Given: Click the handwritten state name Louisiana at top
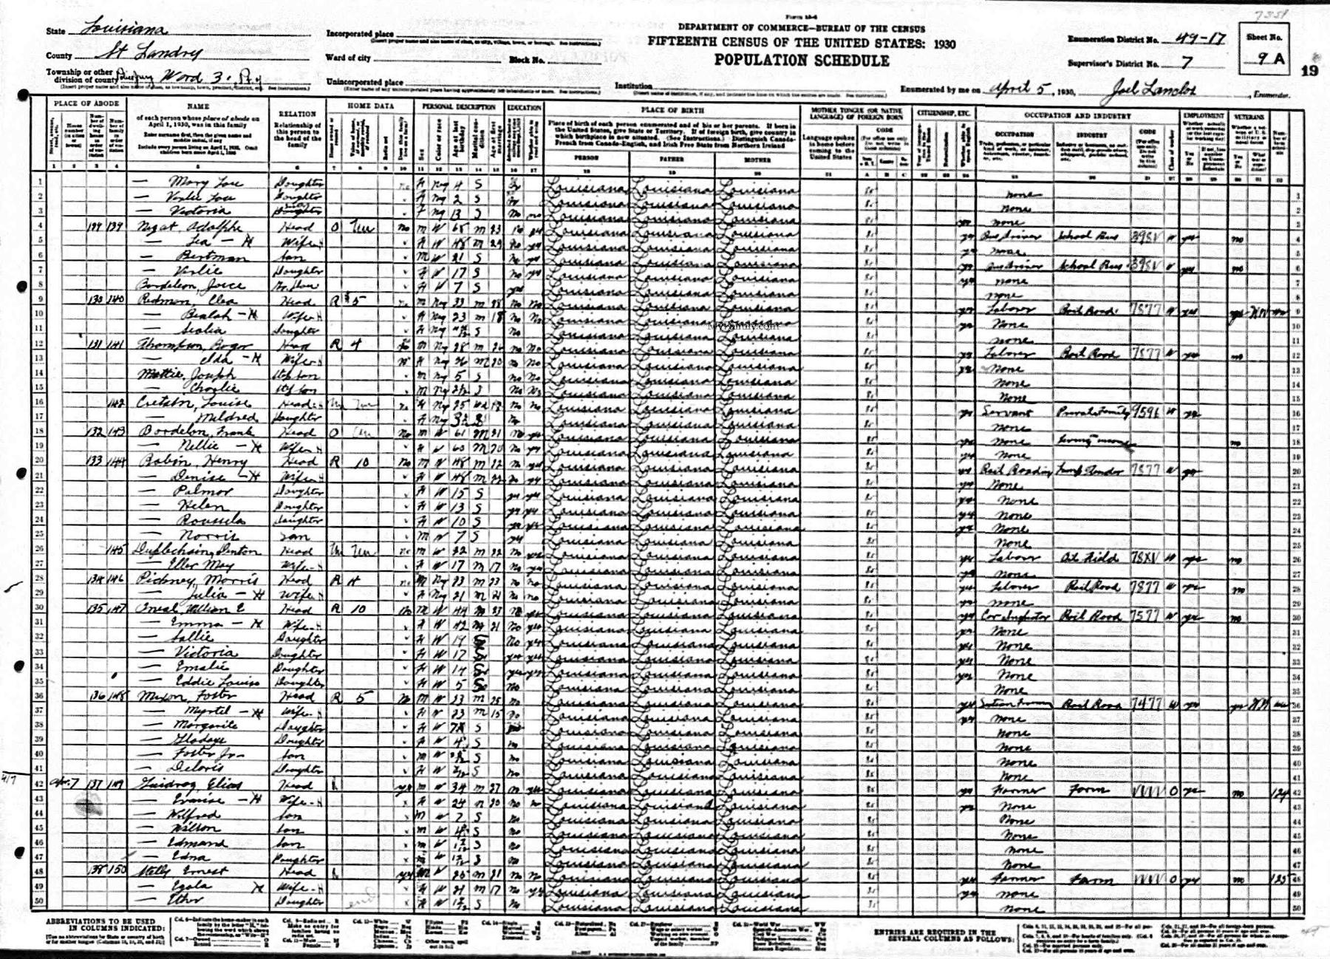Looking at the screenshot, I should pos(126,30).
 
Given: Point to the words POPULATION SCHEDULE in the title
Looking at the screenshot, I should pos(801,61).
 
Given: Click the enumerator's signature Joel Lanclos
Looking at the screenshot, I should pos(1149,90).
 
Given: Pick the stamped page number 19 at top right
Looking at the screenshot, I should pos(1309,71).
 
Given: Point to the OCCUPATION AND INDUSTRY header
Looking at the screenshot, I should pos(1077,117).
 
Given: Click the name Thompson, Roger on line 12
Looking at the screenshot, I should pos(180,344).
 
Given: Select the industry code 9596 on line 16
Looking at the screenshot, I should pos(1146,413).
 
